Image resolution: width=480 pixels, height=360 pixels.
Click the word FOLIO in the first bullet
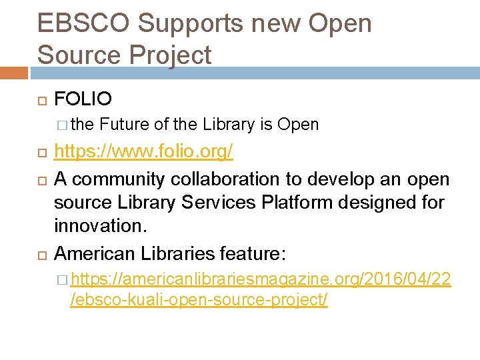pyautogui.click(x=83, y=100)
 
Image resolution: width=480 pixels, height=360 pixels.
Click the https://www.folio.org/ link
pyautogui.click(x=143, y=152)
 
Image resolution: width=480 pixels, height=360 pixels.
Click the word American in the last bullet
pyautogui.click(x=95, y=253)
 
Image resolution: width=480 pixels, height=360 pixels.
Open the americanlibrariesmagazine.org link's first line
pyautogui.click(x=261, y=280)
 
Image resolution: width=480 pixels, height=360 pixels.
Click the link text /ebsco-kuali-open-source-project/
pyautogui.click(x=199, y=301)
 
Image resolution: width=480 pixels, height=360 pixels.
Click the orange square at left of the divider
pyautogui.click(x=14, y=72)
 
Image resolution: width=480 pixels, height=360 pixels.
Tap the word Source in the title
pyautogui.click(x=77, y=55)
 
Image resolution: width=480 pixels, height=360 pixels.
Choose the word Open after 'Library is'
pyautogui.click(x=298, y=125)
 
